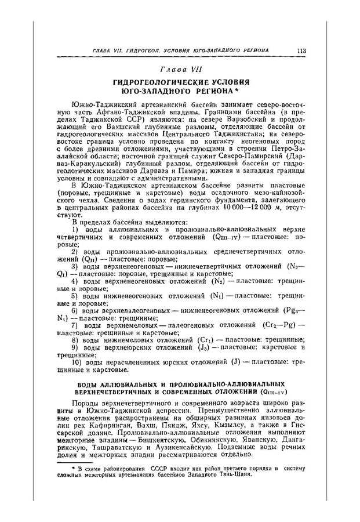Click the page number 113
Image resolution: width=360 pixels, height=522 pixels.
click(x=301, y=51)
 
